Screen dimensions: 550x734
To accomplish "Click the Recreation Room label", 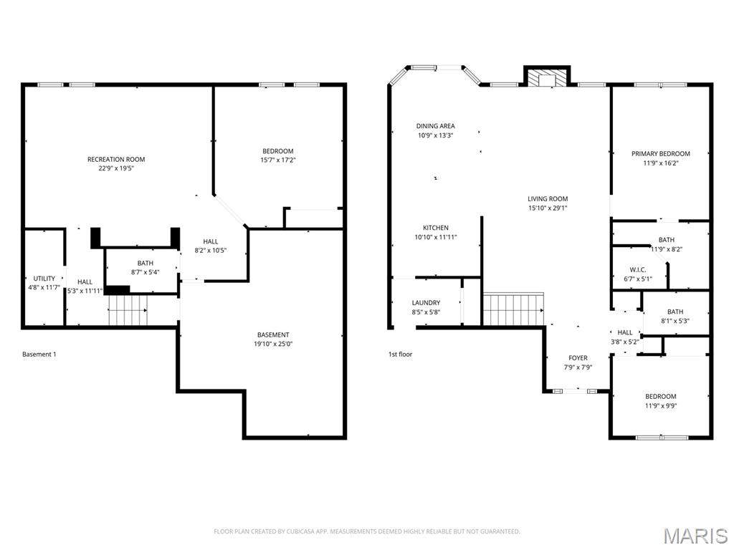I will (x=116, y=159).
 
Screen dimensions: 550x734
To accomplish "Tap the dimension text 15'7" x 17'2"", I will (x=278, y=160).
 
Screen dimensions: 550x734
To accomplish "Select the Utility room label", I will (x=44, y=279).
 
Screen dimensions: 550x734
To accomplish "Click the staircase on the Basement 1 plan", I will (x=128, y=310).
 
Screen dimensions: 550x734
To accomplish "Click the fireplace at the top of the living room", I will (x=547, y=76).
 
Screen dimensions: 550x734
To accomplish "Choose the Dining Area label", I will (x=436, y=126).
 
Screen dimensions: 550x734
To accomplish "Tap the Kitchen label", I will (x=436, y=228).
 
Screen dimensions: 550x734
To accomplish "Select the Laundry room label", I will (x=426, y=303).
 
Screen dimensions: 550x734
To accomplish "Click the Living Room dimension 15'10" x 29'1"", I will (x=548, y=208).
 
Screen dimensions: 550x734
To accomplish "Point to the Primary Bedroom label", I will (x=660, y=153).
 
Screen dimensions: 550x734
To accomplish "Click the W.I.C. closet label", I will (x=638, y=270).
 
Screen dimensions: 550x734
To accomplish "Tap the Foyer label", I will (x=578, y=358).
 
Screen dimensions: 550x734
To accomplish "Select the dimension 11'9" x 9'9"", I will (x=660, y=406).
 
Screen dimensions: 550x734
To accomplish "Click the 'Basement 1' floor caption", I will (x=39, y=354).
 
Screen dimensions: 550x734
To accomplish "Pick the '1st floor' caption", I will (x=400, y=354).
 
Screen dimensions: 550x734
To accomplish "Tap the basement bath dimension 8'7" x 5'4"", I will (x=146, y=272).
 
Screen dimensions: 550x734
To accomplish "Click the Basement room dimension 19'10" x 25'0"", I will (x=273, y=344).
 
